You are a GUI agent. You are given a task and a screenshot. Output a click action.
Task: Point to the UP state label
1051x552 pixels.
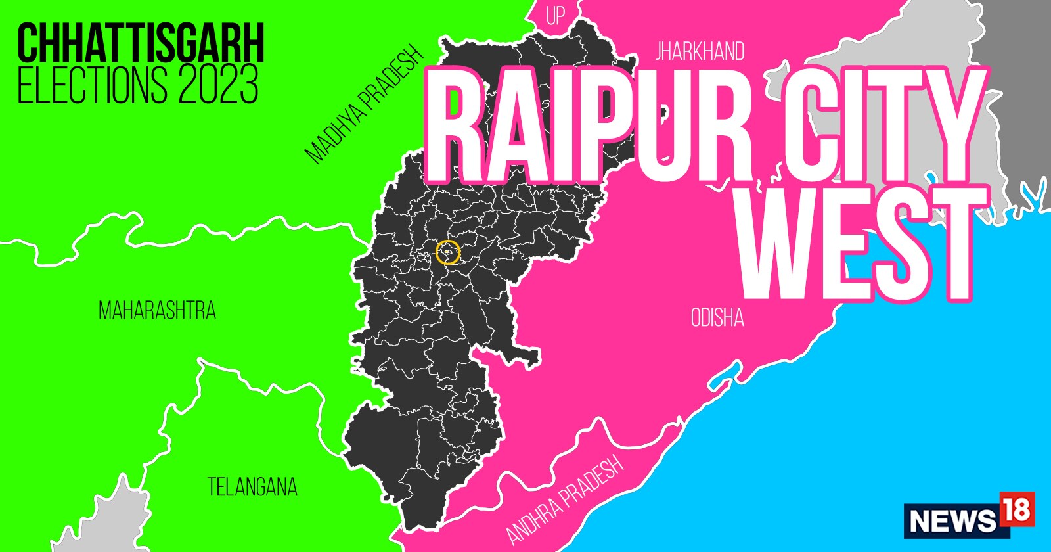[x=556, y=16]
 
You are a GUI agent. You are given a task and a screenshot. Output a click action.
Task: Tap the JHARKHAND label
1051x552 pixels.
[x=700, y=51]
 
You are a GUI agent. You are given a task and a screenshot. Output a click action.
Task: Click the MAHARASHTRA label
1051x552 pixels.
[x=157, y=310]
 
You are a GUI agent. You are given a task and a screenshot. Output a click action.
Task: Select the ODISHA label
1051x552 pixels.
[x=717, y=318]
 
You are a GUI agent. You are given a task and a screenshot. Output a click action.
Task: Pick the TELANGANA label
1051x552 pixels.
[x=252, y=487]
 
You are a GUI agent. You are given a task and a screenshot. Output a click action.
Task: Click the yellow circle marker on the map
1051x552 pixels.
[x=448, y=252]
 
